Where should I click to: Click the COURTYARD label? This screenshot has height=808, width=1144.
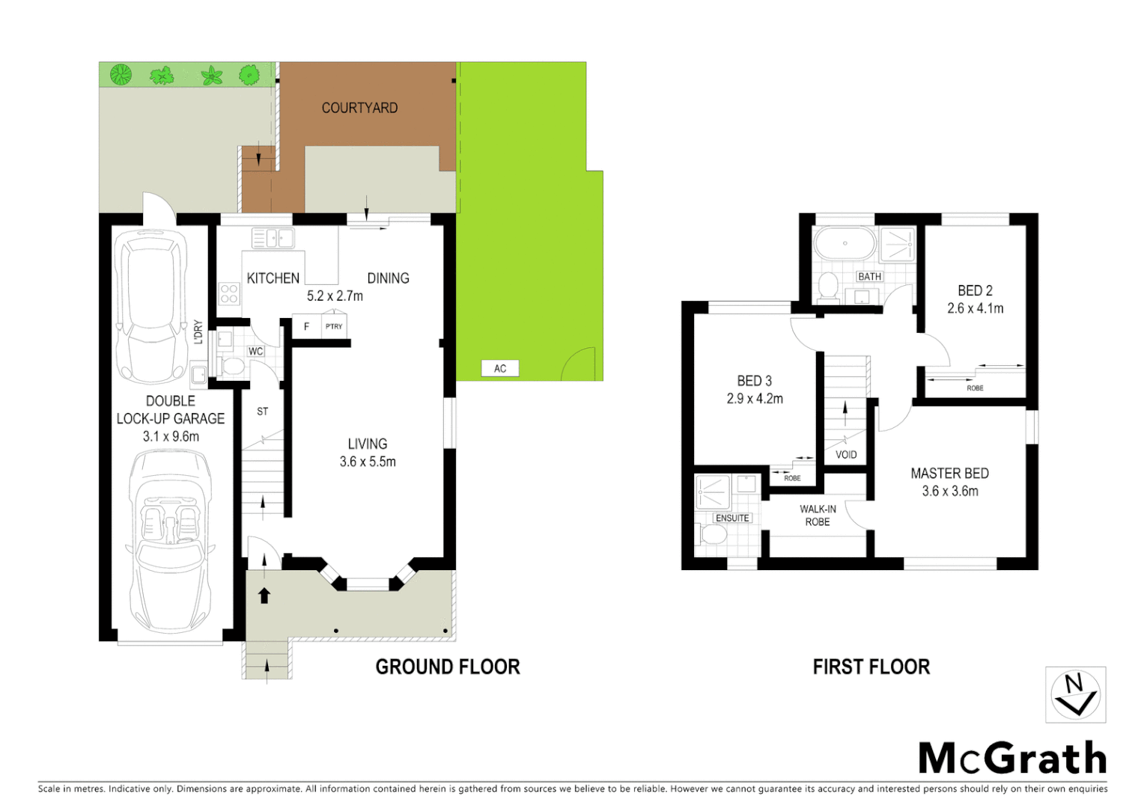click(359, 108)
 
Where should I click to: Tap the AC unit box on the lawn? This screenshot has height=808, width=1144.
click(499, 368)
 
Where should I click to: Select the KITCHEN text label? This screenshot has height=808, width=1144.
click(273, 278)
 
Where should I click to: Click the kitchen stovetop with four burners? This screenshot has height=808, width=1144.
click(229, 293)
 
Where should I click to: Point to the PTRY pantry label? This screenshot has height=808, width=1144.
click(334, 326)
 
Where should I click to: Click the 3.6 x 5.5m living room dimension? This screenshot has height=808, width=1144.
click(368, 462)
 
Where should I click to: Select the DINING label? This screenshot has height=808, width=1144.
click(388, 278)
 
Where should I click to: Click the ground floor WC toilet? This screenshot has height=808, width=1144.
click(233, 367)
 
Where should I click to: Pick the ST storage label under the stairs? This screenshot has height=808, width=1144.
click(262, 411)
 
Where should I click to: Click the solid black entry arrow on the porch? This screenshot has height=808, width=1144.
click(264, 595)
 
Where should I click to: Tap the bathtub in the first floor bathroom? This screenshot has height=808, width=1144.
click(845, 243)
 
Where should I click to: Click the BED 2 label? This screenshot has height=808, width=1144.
click(975, 290)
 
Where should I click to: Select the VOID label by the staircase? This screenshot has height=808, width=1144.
click(846, 454)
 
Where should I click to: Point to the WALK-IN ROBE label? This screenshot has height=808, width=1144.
click(818, 515)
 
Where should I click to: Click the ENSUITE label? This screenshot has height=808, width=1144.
click(731, 518)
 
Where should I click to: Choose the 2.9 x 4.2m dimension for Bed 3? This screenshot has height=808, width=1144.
click(755, 399)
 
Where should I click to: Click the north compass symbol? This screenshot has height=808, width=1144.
click(1075, 694)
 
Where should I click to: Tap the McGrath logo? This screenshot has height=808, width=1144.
click(1012, 758)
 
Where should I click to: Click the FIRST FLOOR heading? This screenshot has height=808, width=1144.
click(871, 667)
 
